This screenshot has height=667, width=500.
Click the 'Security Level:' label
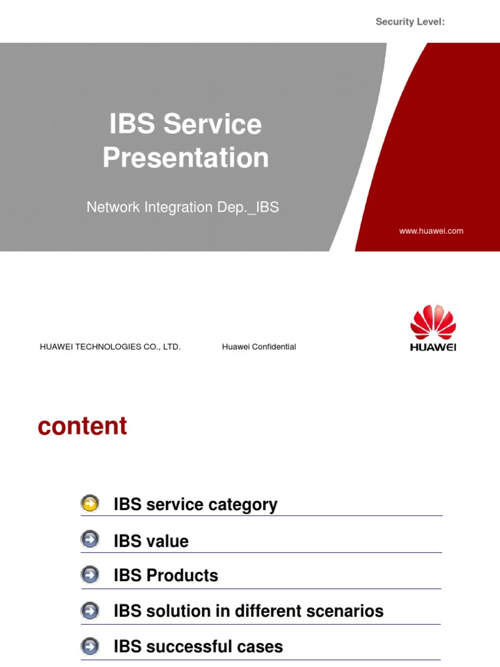(x=410, y=22)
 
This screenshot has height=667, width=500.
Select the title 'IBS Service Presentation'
(x=186, y=141)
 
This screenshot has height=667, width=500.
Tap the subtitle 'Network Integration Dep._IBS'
(x=183, y=207)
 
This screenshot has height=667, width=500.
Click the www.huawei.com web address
(x=431, y=231)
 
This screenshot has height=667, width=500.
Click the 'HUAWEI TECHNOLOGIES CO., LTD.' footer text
(x=110, y=347)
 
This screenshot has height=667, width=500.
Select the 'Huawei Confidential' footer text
(x=258, y=347)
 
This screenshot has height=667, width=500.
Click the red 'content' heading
(x=82, y=426)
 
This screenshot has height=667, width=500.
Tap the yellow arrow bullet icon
(x=90, y=504)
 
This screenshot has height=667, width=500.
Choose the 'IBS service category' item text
(x=195, y=505)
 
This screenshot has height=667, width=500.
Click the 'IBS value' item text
(x=151, y=541)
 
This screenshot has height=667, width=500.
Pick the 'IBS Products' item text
(x=165, y=576)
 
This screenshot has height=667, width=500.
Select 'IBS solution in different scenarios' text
(x=248, y=611)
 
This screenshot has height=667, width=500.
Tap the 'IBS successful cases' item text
(x=198, y=647)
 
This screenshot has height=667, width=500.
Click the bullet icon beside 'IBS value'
(x=90, y=540)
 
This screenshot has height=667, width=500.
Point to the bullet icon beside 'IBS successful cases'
(x=90, y=646)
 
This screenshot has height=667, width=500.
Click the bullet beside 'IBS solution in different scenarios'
(x=90, y=611)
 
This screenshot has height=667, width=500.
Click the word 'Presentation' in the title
(x=186, y=158)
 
